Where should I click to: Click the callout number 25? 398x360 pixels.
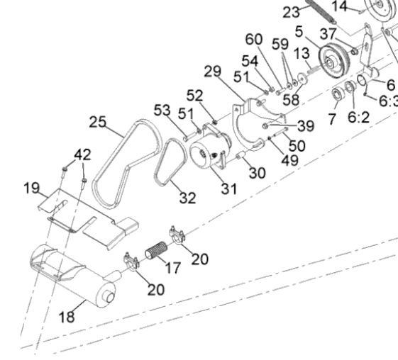(x=98, y=122)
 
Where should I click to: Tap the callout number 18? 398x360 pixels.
(x=67, y=317)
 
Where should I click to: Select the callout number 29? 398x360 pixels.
(x=212, y=72)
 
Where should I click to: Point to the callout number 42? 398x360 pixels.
(x=82, y=154)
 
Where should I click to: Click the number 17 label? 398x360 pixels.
(x=173, y=268)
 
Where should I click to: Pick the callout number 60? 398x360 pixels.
(x=254, y=40)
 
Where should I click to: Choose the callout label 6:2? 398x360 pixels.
(x=358, y=117)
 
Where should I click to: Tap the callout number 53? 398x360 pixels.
(x=162, y=111)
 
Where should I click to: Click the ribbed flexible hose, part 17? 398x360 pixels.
(x=156, y=250)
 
